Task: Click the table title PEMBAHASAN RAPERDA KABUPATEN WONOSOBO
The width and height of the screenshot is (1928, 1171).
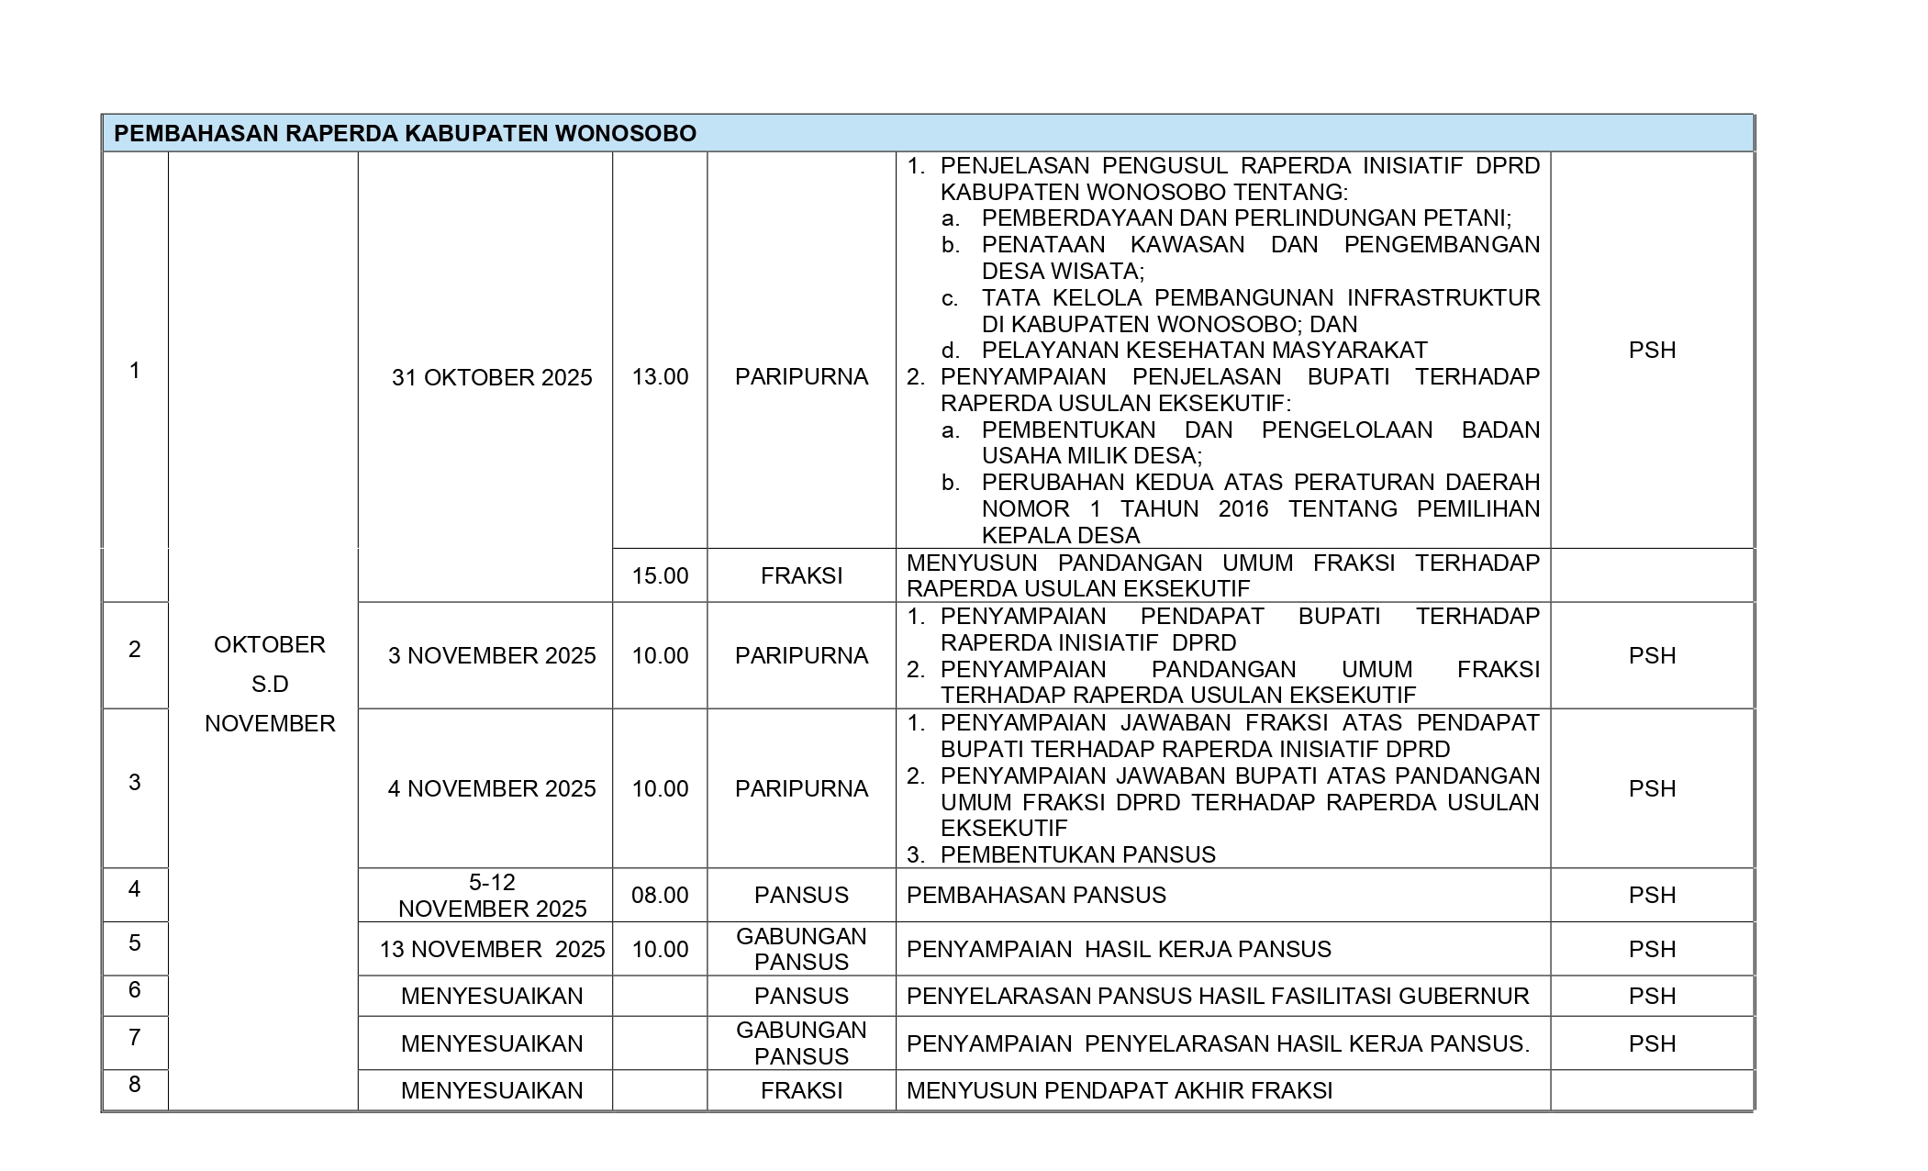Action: [405, 134]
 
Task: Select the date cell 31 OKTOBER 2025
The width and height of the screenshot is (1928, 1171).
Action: [492, 377]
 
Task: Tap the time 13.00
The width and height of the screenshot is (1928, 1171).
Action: [660, 377]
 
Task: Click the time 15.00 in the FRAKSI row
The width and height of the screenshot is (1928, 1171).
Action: [660, 575]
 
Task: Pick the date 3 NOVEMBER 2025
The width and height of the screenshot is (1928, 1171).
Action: [492, 655]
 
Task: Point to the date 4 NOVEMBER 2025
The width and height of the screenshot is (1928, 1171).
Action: [492, 788]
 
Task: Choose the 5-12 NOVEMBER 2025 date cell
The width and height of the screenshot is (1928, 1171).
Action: [492, 895]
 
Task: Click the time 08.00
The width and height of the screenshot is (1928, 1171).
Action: [660, 895]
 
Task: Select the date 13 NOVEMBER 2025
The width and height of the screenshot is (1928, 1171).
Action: [492, 949]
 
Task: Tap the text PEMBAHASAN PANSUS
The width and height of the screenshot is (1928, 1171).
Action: [1036, 895]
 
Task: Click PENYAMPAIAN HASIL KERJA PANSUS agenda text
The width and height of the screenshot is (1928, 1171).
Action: [1119, 949]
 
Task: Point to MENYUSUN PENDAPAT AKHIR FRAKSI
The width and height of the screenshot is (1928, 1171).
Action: [1120, 1090]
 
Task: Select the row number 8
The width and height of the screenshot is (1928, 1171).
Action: [135, 1084]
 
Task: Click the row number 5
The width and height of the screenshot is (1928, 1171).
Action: [135, 942]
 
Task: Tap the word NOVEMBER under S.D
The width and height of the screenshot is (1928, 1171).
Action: [270, 723]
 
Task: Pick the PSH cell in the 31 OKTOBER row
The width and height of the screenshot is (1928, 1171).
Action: [1652, 350]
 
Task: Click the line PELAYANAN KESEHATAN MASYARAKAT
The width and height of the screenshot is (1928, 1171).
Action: [1204, 350]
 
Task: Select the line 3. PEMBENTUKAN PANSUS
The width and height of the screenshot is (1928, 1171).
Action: [1061, 854]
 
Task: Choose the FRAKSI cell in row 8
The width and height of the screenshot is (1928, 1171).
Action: [801, 1090]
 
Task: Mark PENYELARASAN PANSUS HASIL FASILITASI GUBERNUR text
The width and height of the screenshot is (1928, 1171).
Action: [1218, 996]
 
